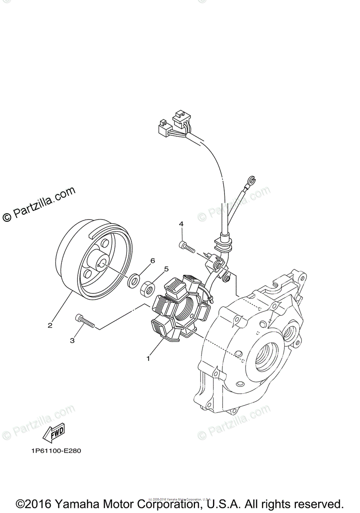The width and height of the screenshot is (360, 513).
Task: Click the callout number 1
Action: [148, 359]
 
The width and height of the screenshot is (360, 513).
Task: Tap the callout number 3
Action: [72, 340]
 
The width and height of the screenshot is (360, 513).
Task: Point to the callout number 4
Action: [181, 224]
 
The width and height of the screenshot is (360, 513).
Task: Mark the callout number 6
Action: [152, 260]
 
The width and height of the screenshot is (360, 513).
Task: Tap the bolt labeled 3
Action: [84, 320]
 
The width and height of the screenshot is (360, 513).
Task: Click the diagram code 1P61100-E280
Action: [56, 451]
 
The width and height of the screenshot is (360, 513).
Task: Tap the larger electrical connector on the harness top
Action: [180, 120]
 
